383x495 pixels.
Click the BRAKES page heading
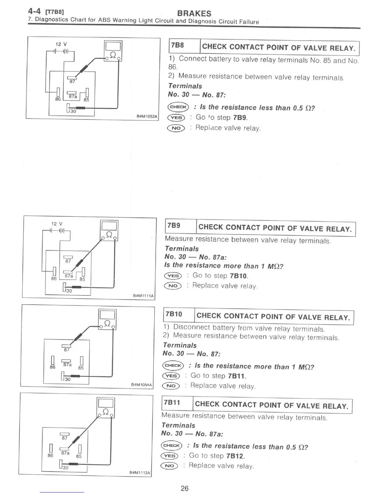[x=194, y=13]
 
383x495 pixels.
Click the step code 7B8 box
[x=177, y=46]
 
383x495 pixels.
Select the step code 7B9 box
[x=174, y=226]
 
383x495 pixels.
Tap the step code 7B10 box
[x=174, y=314]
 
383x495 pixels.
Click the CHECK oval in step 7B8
[x=178, y=107]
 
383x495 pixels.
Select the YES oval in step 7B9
[x=173, y=276]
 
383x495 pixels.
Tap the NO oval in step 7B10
[x=171, y=386]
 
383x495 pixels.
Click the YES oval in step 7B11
[x=169, y=456]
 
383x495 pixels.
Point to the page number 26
[x=185, y=488]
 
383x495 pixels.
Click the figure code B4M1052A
[x=147, y=117]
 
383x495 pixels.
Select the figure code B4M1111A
[x=143, y=295]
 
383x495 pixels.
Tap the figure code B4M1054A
[x=141, y=385]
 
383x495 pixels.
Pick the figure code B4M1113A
[x=140, y=473]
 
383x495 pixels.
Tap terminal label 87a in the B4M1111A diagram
[x=69, y=276]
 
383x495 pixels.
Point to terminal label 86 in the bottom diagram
[x=50, y=456]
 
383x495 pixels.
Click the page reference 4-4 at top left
[x=34, y=11]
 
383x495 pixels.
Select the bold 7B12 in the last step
[x=235, y=456]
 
